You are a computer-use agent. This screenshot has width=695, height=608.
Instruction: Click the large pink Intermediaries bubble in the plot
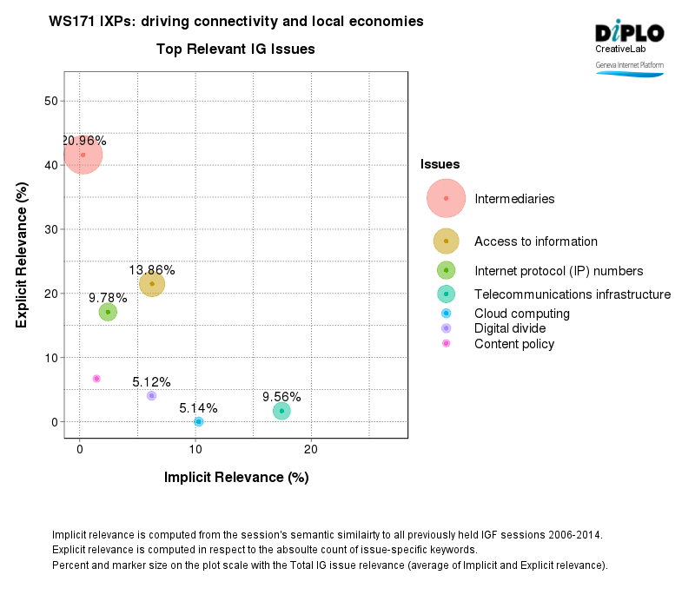pos(83,155)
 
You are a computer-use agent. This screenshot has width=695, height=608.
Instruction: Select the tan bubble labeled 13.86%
pos(152,283)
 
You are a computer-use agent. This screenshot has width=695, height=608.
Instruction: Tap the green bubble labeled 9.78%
pos(108,312)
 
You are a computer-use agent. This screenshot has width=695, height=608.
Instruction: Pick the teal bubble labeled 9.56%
pos(281,411)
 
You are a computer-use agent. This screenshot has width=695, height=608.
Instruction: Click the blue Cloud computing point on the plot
pos(198,421)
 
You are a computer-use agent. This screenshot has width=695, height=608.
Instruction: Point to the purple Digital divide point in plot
pos(151,395)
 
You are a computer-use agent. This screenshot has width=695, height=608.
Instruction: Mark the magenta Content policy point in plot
pos(96,379)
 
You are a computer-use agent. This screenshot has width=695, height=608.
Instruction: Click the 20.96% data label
pos(83,141)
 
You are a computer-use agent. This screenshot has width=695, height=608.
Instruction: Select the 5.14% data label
pos(198,407)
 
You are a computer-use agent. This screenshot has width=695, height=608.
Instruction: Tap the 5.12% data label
pos(151,381)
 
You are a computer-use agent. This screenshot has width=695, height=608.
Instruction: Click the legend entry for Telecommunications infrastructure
pos(572,294)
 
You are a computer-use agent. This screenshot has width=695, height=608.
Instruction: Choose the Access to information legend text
pos(535,241)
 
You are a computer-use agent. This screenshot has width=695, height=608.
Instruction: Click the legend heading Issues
pos(440,163)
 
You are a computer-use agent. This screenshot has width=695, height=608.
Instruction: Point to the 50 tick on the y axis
pos(50,101)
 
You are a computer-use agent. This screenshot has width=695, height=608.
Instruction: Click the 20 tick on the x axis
pos(310,449)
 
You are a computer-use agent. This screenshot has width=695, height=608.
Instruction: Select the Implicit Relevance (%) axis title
pos(236,477)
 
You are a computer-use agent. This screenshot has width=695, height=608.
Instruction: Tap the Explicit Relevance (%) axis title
pos(23,261)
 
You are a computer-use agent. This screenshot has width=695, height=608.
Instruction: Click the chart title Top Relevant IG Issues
pos(235,50)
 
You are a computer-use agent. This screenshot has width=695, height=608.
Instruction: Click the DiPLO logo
pos(629,33)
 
